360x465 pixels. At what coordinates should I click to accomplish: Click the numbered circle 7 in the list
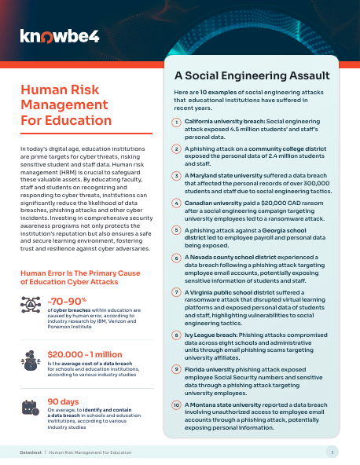(x=177, y=292)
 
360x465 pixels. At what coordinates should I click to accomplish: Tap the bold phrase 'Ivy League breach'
(x=208, y=334)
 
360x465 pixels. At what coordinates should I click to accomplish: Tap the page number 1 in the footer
(x=332, y=452)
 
